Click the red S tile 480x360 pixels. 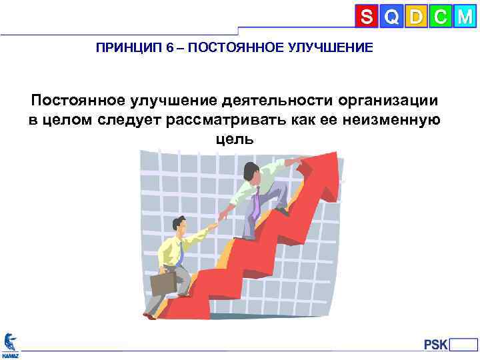(367, 17)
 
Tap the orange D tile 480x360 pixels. (416, 17)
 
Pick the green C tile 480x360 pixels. (439, 17)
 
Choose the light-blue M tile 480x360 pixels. (464, 17)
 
